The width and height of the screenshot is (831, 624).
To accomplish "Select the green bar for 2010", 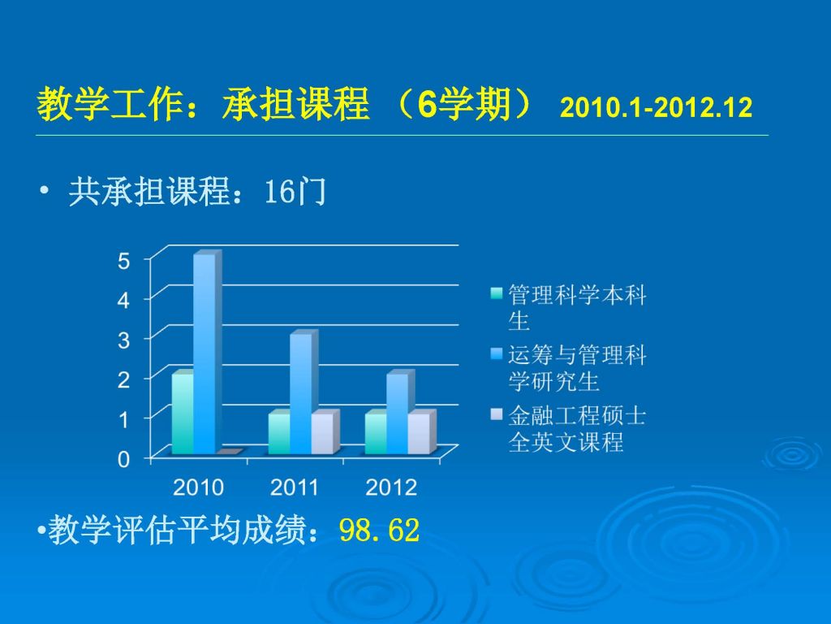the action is tap(183, 412).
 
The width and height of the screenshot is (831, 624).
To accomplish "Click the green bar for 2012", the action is tap(376, 432).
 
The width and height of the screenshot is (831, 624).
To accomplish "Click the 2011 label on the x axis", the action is tap(294, 487).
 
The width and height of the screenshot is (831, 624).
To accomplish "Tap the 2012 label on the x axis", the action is tap(391, 487).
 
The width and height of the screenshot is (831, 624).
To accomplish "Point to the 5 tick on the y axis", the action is tap(123, 261).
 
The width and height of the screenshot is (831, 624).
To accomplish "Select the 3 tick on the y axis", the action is tap(123, 340).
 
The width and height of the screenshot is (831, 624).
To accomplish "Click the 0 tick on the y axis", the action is tap(123, 459).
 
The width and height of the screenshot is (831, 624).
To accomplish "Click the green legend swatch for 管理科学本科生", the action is tap(496, 292).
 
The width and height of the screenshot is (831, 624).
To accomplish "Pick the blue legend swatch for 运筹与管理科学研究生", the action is tap(496, 353).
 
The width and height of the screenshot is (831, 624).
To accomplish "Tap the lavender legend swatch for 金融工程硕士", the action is tap(496, 414).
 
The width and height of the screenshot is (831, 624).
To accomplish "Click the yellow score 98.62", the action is tap(380, 530).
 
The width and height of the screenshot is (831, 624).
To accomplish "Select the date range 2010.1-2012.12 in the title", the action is tap(656, 107).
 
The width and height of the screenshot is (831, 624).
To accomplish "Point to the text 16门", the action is tap(295, 191).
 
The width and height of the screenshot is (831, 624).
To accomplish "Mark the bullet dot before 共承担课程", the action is tap(44, 190).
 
